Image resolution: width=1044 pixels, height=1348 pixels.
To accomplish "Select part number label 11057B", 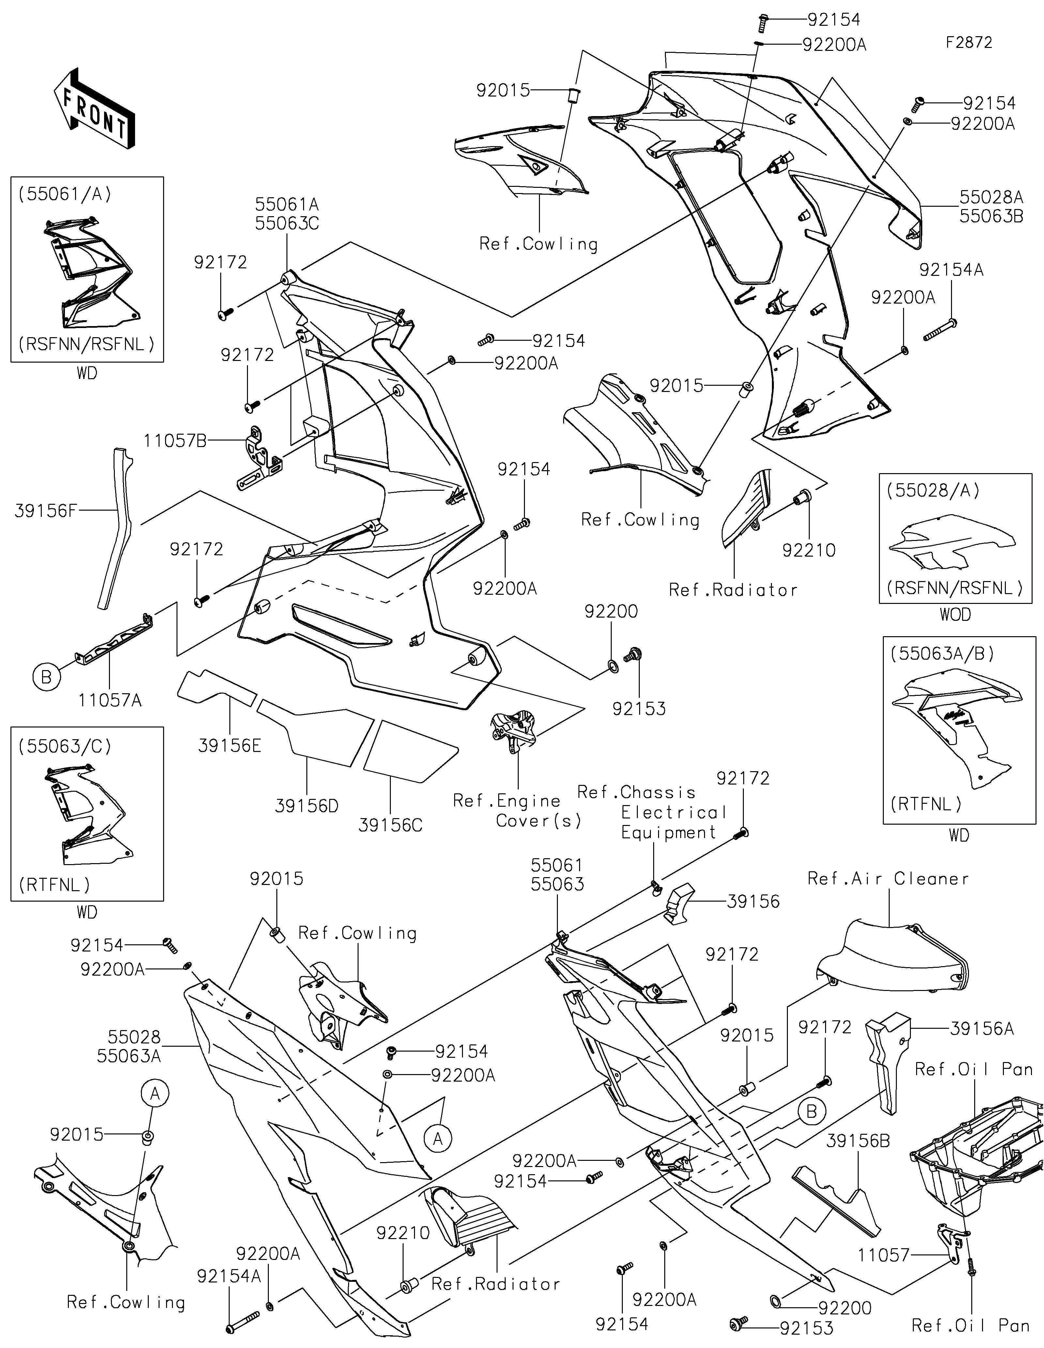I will (175, 441).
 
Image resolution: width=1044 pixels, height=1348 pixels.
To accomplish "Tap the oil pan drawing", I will (975, 1161).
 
